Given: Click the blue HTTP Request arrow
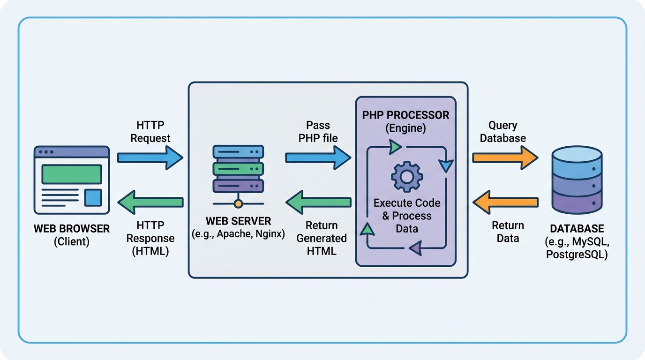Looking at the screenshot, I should pyautogui.click(x=149, y=157).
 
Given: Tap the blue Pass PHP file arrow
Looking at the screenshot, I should pyautogui.click(x=317, y=157).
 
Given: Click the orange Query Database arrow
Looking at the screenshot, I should pyautogui.click(x=504, y=157).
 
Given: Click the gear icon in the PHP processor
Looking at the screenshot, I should pyautogui.click(x=406, y=176).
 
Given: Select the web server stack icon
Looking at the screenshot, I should pyautogui.click(x=238, y=168).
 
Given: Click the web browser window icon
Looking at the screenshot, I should pyautogui.click(x=72, y=180).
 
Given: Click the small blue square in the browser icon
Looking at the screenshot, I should pyautogui.click(x=93, y=197).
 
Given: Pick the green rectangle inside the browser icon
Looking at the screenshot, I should pyautogui.click(x=72, y=174).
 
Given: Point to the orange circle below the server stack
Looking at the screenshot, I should pyautogui.click(x=238, y=204).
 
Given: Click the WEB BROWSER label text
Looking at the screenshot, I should pyautogui.click(x=72, y=229).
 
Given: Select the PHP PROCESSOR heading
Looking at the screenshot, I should pyautogui.click(x=405, y=115).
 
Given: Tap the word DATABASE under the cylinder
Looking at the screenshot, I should pyautogui.click(x=577, y=229).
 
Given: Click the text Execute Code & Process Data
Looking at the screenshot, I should pyautogui.click(x=406, y=216).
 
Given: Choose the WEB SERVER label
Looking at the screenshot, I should pyautogui.click(x=238, y=221).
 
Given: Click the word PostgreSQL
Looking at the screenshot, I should pyautogui.click(x=577, y=255).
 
